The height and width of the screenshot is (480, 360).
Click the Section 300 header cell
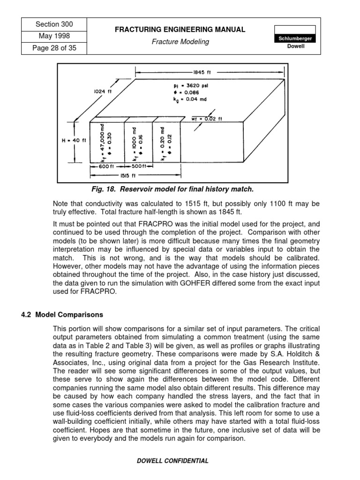point(54,24)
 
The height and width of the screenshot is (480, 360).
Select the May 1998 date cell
point(54,36)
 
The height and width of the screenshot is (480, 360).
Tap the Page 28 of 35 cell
point(54,48)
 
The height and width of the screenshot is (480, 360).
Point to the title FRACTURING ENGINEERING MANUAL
point(180,30)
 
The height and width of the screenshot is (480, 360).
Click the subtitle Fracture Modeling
point(180,42)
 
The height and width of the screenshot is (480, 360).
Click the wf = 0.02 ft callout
point(206,119)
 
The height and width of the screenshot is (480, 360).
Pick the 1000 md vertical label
point(135,141)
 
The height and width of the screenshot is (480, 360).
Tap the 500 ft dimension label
point(138,166)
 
